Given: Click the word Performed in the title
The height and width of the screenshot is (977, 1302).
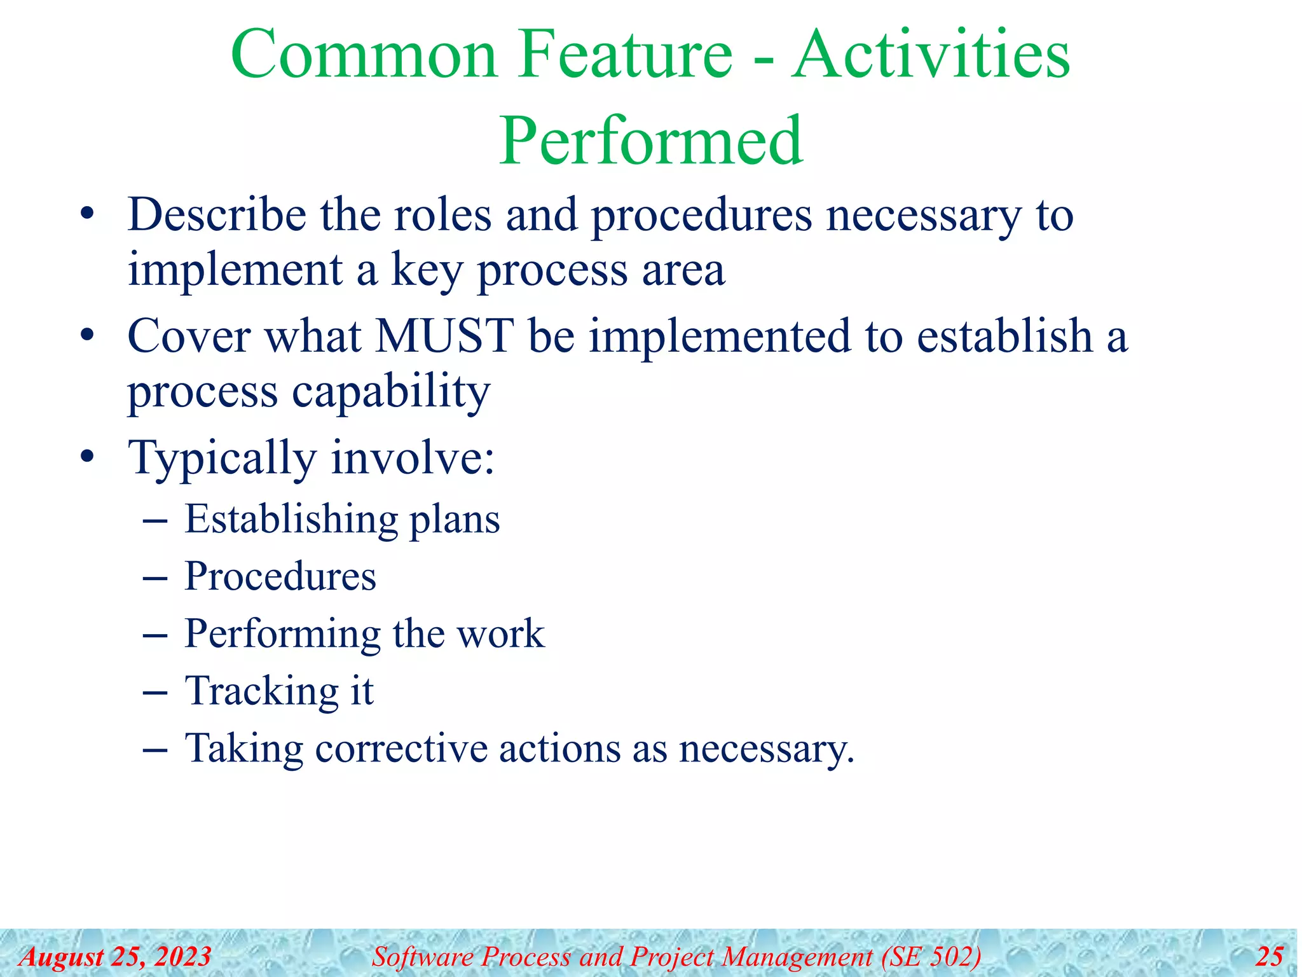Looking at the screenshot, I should (x=650, y=141).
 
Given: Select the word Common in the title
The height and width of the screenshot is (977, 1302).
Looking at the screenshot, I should (x=363, y=55).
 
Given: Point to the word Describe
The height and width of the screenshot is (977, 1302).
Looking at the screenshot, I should (x=217, y=215).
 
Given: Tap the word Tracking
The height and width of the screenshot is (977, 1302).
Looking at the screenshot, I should (x=261, y=691).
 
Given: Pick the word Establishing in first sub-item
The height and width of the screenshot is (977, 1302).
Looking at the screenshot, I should (x=290, y=520).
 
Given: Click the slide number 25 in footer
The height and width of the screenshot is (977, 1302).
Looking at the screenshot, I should (x=1269, y=957).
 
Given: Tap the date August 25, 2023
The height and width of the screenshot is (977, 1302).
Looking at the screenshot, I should (x=115, y=957).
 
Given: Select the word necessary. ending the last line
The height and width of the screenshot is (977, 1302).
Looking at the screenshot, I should (x=766, y=749).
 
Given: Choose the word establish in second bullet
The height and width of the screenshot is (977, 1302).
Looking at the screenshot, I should (x=1004, y=336).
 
